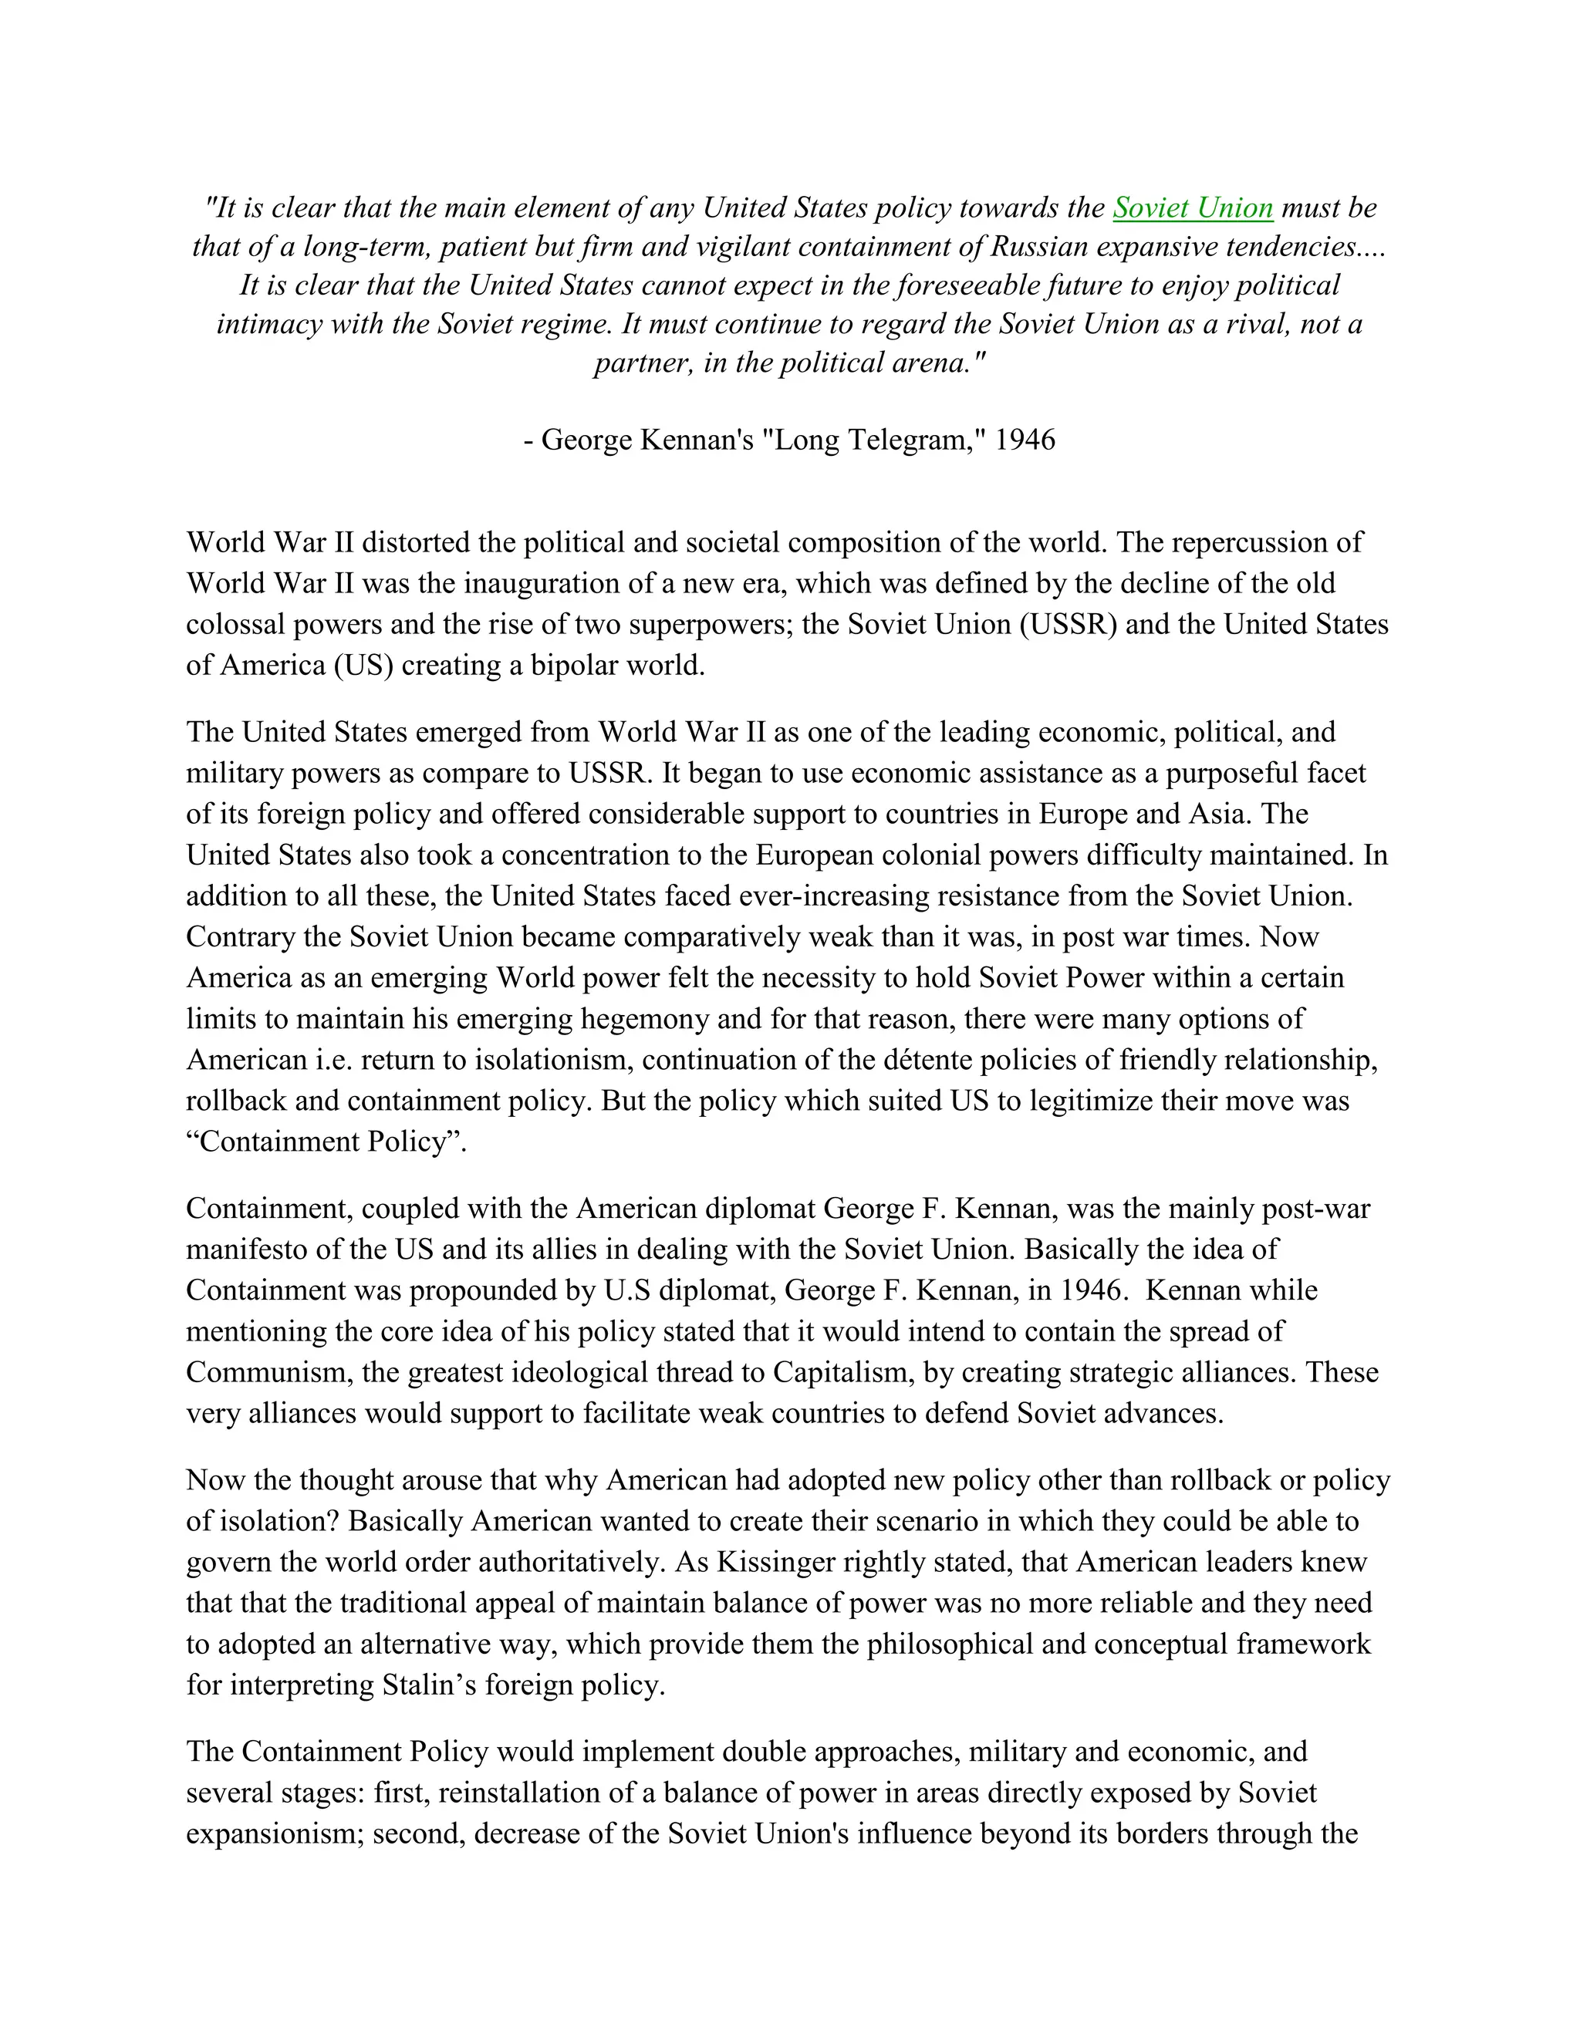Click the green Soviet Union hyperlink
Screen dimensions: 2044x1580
pos(1193,207)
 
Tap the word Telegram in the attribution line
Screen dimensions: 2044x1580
pos(907,439)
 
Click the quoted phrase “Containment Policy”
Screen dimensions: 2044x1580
pos(326,1142)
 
